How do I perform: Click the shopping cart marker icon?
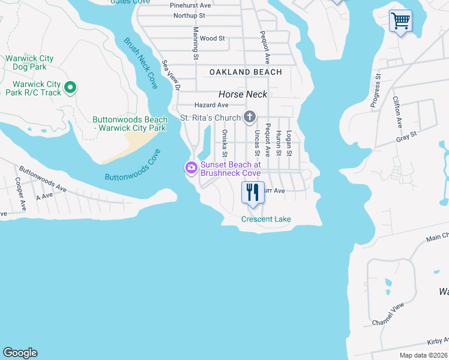[400, 21]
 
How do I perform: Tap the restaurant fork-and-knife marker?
[253, 193]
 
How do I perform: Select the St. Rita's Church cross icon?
[250, 117]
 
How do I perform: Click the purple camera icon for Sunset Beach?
[191, 167]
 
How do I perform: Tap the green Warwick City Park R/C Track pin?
[70, 88]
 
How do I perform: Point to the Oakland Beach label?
[246, 72]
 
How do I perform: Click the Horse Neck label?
[243, 94]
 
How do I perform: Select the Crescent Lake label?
[266, 219]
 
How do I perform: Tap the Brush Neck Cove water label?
[141, 64]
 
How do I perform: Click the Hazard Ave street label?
[194, 105]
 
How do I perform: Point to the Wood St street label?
[212, 38]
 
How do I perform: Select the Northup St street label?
[189, 15]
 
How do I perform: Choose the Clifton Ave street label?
[397, 112]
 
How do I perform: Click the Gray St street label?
[406, 136]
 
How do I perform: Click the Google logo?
[20, 353]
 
